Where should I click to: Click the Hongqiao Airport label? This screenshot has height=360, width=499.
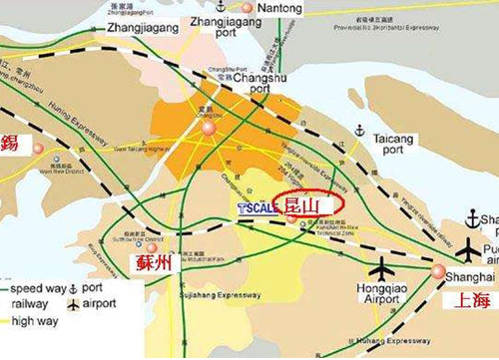click(383, 299)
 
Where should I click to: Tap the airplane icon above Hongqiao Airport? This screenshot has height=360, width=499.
click(382, 268)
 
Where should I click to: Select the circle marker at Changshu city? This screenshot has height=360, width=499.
click(208, 128)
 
